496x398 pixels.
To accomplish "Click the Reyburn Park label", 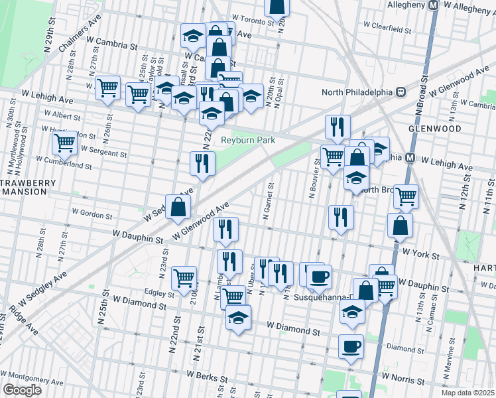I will pyautogui.click(x=242, y=140).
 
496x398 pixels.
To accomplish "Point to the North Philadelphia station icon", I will pyautogui.click(x=401, y=92).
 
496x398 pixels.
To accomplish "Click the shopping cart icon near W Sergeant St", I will pyautogui.click(x=65, y=142).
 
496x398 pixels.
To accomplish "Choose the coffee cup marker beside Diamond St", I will pyautogui.click(x=351, y=346).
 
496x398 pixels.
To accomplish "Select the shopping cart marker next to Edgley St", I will pyautogui.click(x=184, y=278).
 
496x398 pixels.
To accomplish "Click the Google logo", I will pyautogui.click(x=22, y=390).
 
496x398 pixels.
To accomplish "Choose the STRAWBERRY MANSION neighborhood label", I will pyautogui.click(x=24, y=186).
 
